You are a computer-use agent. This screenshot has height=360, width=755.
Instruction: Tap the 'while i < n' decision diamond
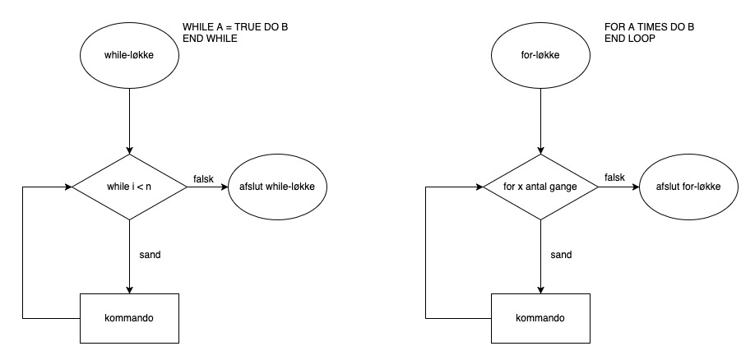click(129, 187)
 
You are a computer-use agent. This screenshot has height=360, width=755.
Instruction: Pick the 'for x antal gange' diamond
click(540, 187)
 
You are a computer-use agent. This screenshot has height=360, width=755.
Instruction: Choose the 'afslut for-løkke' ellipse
click(689, 187)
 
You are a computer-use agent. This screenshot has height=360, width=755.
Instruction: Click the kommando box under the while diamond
click(129, 316)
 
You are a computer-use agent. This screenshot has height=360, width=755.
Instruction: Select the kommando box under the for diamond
click(540, 316)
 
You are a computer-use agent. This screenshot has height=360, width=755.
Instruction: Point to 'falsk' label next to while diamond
click(203, 179)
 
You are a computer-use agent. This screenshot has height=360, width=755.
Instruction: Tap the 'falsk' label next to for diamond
click(614, 179)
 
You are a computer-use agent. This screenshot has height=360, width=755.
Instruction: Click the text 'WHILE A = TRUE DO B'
click(235, 27)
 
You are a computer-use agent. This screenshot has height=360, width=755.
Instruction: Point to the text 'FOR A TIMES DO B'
click(649, 27)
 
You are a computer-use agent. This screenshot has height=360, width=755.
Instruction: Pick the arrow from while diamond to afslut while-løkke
click(207, 187)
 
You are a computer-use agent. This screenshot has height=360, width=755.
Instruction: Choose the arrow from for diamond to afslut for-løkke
click(618, 187)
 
